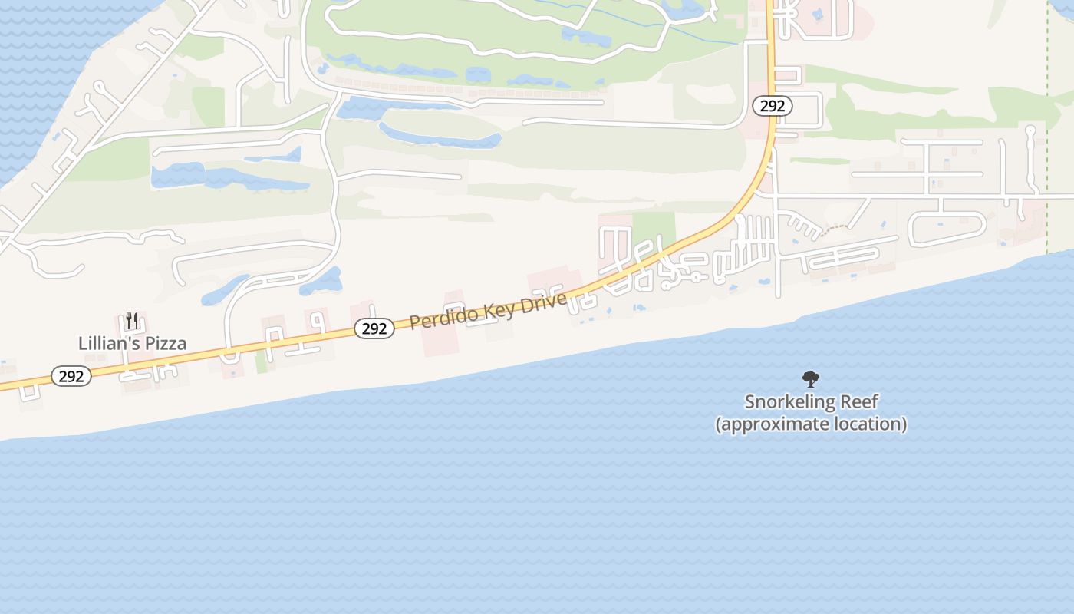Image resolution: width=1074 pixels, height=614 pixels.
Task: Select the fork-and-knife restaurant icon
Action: (x=132, y=320)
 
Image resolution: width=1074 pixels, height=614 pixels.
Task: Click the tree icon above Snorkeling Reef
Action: (x=810, y=378)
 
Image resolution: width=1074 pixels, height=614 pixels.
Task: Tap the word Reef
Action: (x=858, y=401)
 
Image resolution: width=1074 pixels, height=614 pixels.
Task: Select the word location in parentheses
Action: (x=874, y=424)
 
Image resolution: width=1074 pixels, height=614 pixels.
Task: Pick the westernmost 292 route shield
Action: (x=71, y=376)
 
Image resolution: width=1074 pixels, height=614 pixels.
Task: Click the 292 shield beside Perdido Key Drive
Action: (x=374, y=328)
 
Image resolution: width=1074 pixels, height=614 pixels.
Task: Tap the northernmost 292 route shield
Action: (x=773, y=106)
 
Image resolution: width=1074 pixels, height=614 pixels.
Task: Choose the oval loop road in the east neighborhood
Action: (x=947, y=228)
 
